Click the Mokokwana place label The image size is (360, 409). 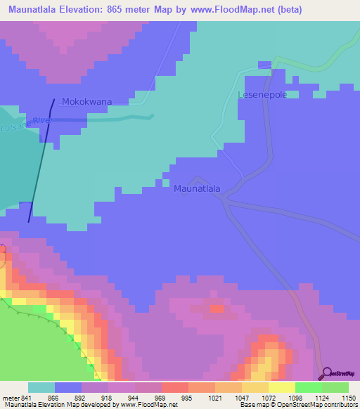point(86,102)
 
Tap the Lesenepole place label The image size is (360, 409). point(263,95)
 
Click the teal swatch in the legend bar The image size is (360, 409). point(41,387)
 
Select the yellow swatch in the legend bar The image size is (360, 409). point(282,387)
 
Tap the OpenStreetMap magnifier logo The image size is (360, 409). point(325,372)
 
